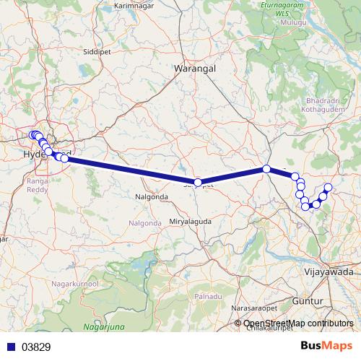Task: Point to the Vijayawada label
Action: (x=328, y=272)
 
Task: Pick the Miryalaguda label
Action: (x=191, y=220)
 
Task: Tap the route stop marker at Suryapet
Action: (x=198, y=183)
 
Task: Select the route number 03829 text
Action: (x=35, y=347)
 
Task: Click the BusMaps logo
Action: (x=326, y=346)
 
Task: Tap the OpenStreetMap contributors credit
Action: (x=298, y=323)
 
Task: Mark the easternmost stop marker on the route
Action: (x=328, y=188)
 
